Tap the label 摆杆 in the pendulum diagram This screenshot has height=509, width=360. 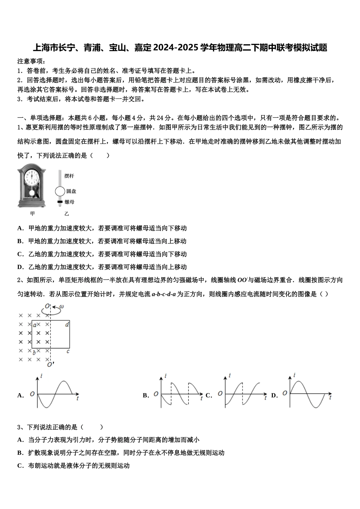point(69,176)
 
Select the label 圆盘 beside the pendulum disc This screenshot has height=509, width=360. point(71,192)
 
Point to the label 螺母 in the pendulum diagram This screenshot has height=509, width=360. point(69,202)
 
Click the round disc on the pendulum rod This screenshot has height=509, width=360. point(59,192)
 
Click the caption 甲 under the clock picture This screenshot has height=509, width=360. point(33,214)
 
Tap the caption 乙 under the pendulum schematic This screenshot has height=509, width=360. point(67,214)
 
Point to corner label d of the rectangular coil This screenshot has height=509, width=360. point(67,324)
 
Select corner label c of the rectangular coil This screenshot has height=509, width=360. point(68,351)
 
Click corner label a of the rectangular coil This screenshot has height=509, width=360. point(34,325)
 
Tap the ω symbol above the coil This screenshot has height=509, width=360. point(61,306)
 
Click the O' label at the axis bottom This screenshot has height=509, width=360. point(50,365)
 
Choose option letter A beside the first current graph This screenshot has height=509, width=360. point(20,395)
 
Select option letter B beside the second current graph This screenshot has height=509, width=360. point(146,395)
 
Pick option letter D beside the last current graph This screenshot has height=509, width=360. point(274,395)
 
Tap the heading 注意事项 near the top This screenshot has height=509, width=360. point(31,61)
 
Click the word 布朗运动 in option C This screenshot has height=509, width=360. point(41,465)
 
